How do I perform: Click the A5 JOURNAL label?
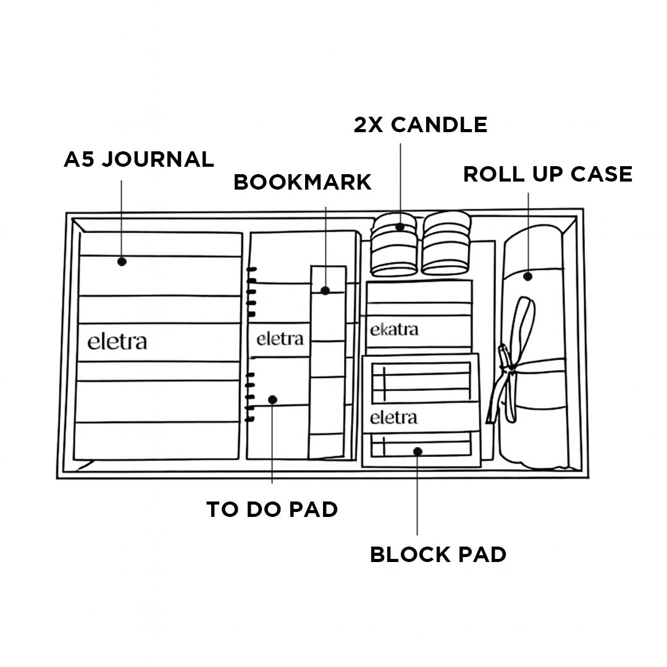(139, 159)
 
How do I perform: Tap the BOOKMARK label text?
(303, 182)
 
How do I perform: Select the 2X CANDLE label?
(421, 125)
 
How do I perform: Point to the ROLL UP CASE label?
(548, 174)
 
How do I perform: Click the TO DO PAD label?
(272, 510)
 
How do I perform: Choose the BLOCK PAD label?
(438, 554)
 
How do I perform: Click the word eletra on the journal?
(117, 342)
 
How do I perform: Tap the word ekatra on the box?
(394, 329)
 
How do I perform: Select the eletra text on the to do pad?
(280, 339)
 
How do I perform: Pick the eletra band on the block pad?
(394, 418)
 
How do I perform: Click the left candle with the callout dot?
(395, 244)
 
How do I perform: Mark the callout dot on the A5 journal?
(122, 261)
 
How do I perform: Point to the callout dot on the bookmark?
(325, 290)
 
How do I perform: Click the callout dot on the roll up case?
(527, 276)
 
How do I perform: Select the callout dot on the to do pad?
(272, 400)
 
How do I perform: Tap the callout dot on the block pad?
(417, 451)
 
